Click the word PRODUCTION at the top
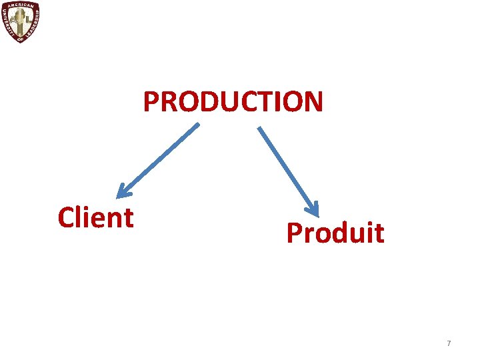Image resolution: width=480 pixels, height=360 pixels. click(x=233, y=102)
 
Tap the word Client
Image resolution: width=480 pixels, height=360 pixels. click(x=95, y=217)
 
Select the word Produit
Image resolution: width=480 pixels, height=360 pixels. click(x=335, y=233)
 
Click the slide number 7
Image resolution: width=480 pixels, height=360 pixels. click(x=449, y=343)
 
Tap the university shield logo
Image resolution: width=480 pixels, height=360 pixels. click(x=20, y=21)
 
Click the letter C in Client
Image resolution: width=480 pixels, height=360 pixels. click(x=66, y=218)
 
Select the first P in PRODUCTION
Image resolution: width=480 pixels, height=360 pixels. click(x=151, y=103)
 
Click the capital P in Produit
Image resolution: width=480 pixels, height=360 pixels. click(x=294, y=233)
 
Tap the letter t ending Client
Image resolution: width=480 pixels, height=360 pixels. click(x=129, y=218)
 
